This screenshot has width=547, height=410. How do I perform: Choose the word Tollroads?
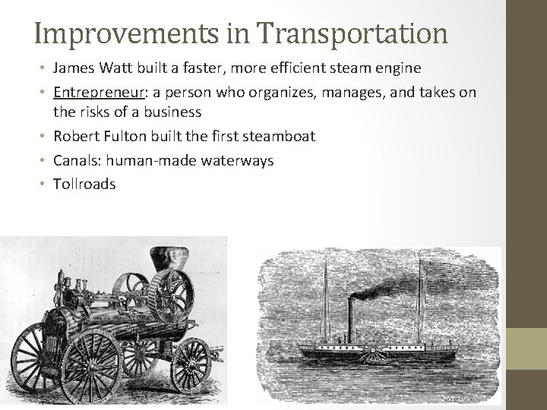[84, 184]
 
